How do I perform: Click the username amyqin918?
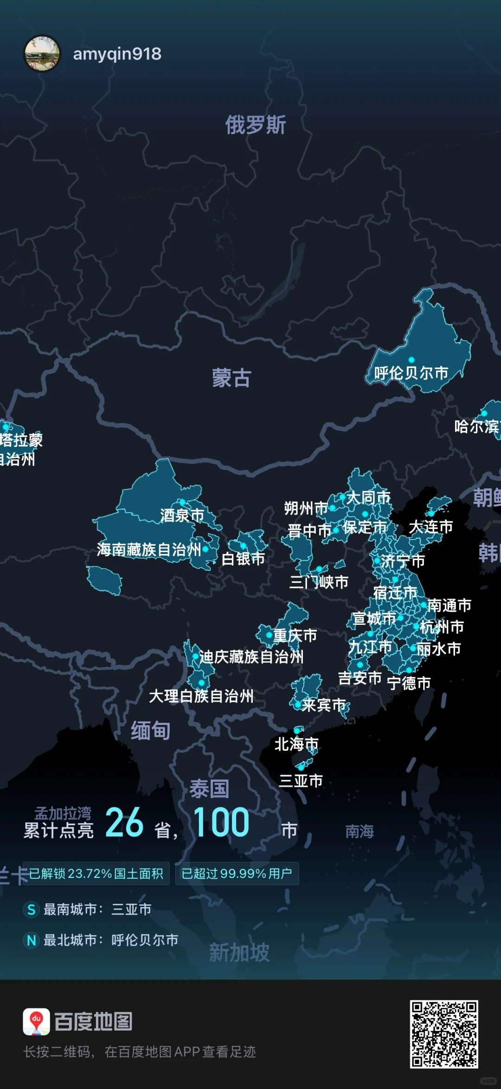117,54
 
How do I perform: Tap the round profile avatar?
42,54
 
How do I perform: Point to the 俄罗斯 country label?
256,125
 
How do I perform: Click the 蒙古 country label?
231,378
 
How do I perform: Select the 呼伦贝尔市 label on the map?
411,373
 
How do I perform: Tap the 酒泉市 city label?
182,515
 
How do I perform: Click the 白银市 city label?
243,559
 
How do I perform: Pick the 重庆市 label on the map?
295,635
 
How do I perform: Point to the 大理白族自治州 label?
201,696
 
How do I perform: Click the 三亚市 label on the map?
301,780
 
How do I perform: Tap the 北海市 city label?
296,744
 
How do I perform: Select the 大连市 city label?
431,527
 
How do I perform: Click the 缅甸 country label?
150,730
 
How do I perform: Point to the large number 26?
124,822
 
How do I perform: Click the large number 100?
221,822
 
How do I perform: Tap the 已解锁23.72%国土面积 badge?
96,874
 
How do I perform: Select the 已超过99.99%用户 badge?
237,874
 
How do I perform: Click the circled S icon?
31,909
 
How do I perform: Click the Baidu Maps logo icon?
36,1022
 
